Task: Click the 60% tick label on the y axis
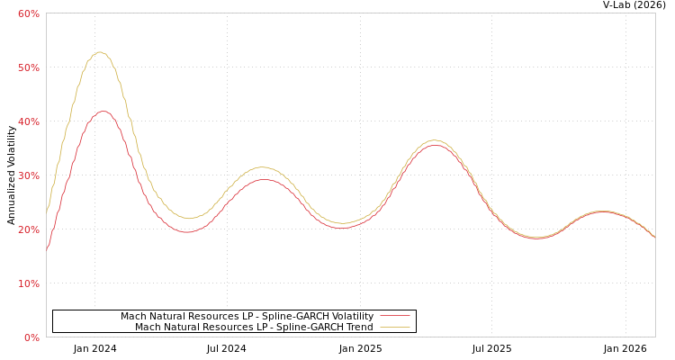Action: [29, 13]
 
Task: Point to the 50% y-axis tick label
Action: [29, 67]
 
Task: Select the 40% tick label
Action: [29, 121]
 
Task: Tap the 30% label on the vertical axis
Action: [29, 175]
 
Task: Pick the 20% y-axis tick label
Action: [29, 229]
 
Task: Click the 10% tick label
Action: [29, 283]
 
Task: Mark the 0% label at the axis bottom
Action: [31, 337]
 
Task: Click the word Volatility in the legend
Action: [347, 317]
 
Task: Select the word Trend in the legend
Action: [356, 328]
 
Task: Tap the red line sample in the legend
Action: [394, 317]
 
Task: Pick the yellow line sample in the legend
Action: [394, 328]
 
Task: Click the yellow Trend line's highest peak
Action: [100, 52]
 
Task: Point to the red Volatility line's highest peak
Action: [103, 112]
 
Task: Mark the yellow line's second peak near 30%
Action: [261, 167]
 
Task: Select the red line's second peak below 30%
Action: [263, 179]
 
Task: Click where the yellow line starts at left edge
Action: [47, 211]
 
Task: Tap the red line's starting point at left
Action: [47, 251]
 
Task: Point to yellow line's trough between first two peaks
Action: [190, 218]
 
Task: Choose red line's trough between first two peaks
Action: [186, 232]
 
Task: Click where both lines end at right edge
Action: [654, 237]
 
